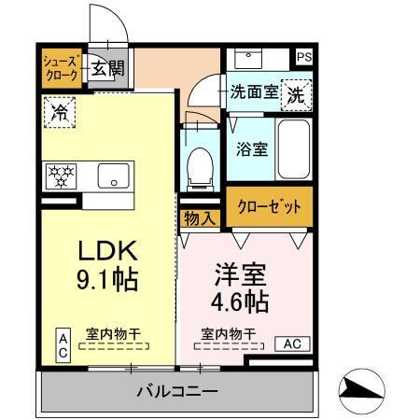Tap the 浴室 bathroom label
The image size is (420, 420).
point(251,147)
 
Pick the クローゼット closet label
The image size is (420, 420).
point(269,207)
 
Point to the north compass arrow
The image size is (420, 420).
point(365,389)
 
